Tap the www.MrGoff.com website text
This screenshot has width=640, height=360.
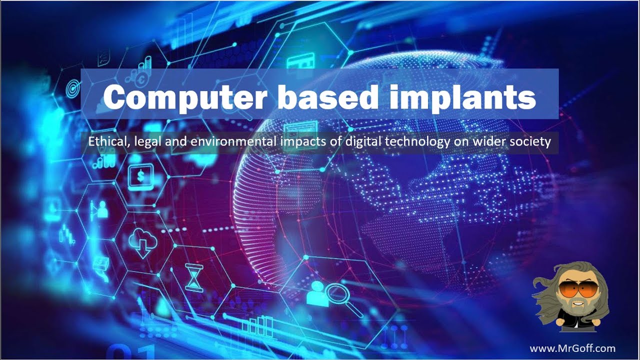(x=572, y=348)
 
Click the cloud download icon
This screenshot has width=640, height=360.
(x=142, y=242)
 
